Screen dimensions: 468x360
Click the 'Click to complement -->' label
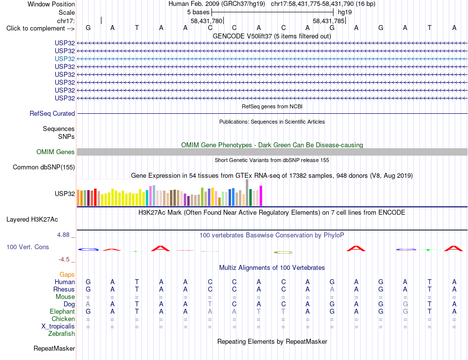[x=40, y=29]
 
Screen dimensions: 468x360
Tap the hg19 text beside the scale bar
[x=345, y=12]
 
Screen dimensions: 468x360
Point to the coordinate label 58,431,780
[x=206, y=21]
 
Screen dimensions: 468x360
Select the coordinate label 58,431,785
[x=329, y=21]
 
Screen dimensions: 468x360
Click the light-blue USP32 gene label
[x=65, y=59]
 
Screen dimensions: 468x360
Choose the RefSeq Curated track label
[x=52, y=113]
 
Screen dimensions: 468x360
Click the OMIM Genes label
[x=56, y=152]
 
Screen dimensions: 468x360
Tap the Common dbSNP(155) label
[x=44, y=167]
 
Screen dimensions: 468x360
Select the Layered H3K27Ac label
[x=32, y=220]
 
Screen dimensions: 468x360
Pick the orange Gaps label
[x=67, y=274]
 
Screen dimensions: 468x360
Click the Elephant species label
[x=63, y=311]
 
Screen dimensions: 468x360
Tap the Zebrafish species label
[x=62, y=333]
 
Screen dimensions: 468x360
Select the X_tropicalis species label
[x=58, y=326]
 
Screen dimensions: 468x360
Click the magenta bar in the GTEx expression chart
[x=261, y=196]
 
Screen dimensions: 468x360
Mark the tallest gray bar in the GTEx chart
[x=247, y=193]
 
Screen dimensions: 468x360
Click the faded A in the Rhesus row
[x=332, y=289]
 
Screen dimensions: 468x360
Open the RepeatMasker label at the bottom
[x=54, y=348]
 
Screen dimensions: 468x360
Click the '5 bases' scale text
[x=198, y=12]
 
